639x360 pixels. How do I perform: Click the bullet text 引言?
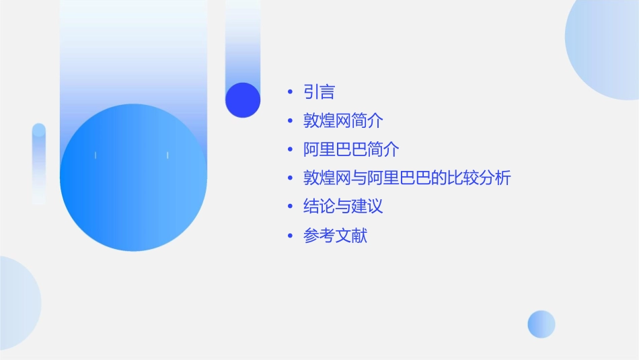pos(319,92)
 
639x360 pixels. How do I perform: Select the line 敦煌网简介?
pos(343,121)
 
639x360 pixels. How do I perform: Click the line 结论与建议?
pos(343,206)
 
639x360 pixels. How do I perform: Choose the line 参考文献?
pos(335,236)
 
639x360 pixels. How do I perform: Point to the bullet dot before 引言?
pos(290,92)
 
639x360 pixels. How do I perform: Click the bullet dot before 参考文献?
pos(290,236)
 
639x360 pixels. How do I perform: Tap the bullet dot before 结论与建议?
pos(290,207)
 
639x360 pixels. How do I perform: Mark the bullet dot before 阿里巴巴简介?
pos(290,150)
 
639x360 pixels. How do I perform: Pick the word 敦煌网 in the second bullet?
pos(327,121)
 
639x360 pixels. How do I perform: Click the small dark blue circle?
pos(243,100)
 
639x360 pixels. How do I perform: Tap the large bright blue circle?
pos(133,178)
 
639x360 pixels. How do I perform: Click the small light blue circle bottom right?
pos(541,324)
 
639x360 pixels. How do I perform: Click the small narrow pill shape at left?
pos(38,164)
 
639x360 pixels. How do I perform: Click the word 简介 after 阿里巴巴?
pos(383,149)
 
